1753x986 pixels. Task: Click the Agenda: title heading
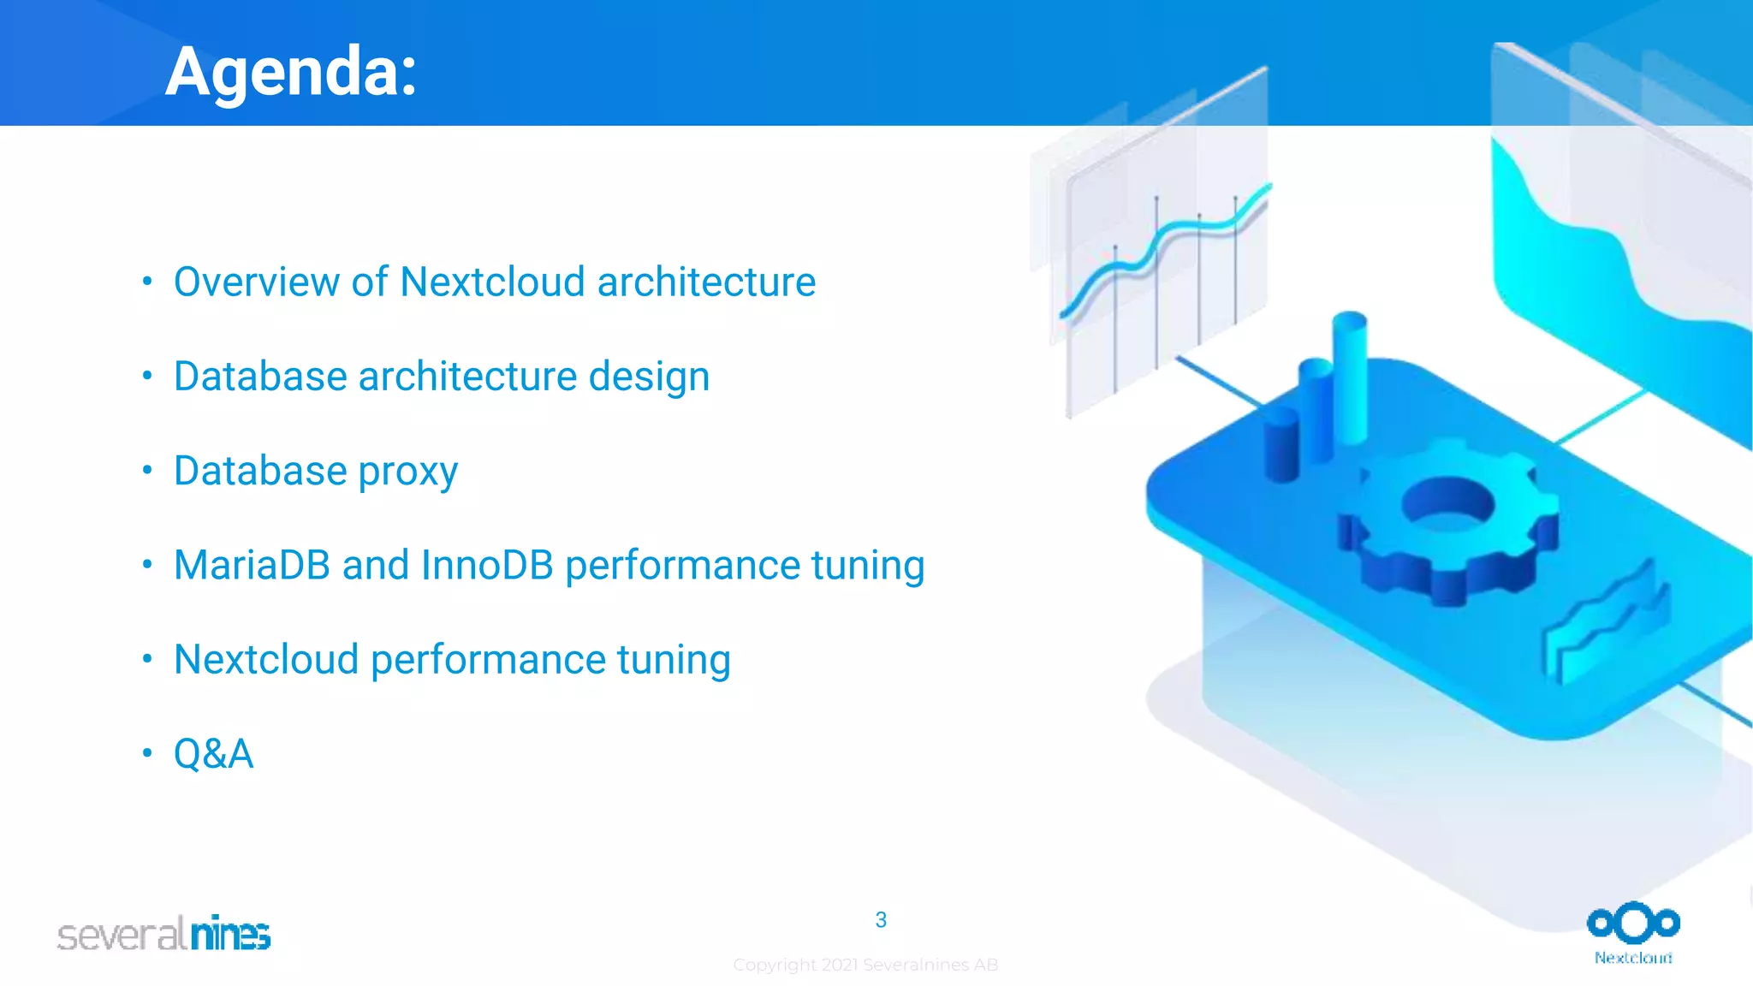pyautogui.click(x=291, y=72)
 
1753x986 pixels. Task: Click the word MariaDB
pyautogui.click(x=252, y=565)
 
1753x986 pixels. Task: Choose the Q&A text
pyautogui.click(x=213, y=754)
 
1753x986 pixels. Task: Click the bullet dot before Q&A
pyautogui.click(x=147, y=753)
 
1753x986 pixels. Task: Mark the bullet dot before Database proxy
pyautogui.click(x=147, y=470)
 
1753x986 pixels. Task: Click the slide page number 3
pyautogui.click(x=881, y=920)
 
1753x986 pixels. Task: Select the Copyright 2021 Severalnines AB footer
pyautogui.click(x=865, y=965)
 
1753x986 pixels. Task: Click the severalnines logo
pyautogui.click(x=163, y=934)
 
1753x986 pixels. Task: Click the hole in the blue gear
pyautogui.click(x=1447, y=502)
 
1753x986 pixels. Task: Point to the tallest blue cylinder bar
pyautogui.click(x=1350, y=377)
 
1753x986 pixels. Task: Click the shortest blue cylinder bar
pyautogui.click(x=1281, y=445)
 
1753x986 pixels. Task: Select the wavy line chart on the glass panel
pyautogui.click(x=1164, y=248)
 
